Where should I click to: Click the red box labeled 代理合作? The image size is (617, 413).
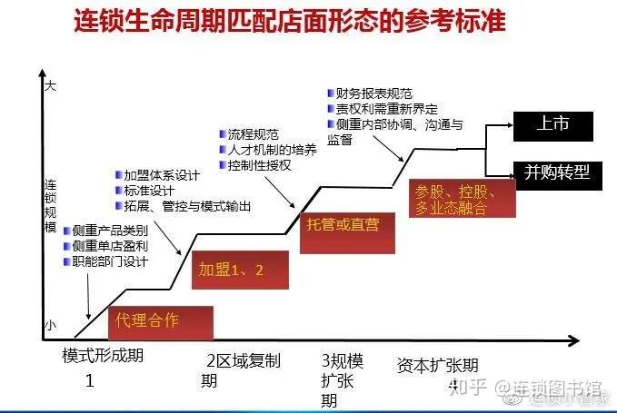(x=160, y=321)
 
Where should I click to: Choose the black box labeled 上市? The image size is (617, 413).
(x=552, y=126)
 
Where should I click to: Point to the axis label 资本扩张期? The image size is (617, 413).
(x=437, y=365)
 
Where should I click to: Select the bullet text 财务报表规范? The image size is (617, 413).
(x=373, y=93)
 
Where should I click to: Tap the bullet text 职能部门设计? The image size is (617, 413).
(x=109, y=261)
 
